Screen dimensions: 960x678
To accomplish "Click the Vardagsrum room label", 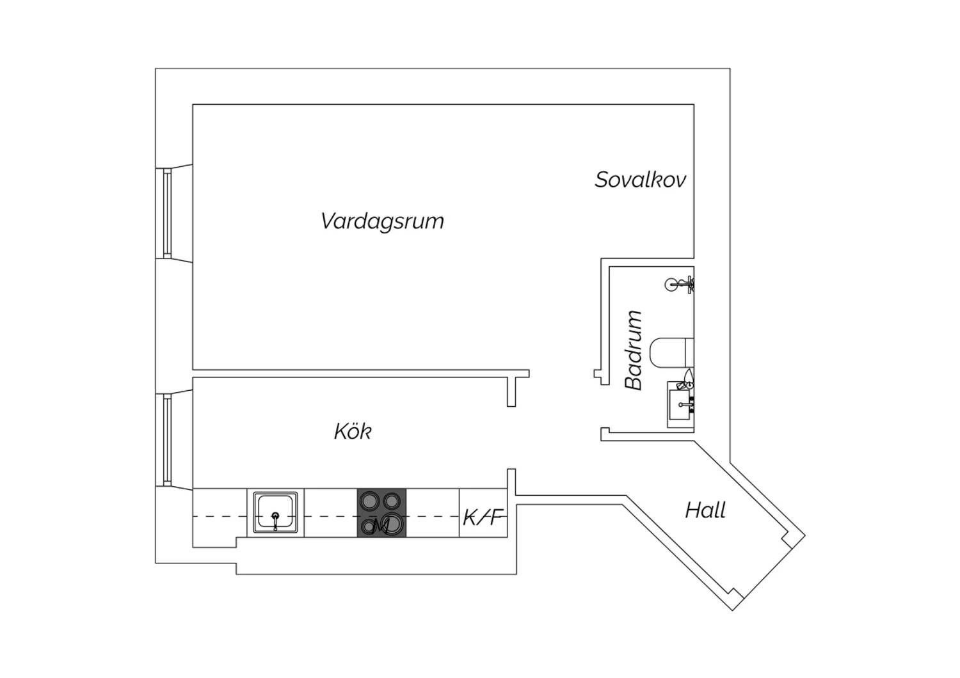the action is [382, 221].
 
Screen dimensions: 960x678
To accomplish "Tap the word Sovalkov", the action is [640, 180].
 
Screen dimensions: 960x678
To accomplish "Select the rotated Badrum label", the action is [634, 350].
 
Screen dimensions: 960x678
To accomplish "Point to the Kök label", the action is [353, 431].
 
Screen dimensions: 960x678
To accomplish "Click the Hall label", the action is [705, 510].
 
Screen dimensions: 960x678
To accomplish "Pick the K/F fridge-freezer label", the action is [483, 517].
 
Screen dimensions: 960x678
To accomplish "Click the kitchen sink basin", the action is [275, 513].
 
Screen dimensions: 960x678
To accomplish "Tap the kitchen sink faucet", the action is [275, 521].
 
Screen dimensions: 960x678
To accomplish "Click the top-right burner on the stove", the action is [391, 500].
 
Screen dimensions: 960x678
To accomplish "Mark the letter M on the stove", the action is [381, 526].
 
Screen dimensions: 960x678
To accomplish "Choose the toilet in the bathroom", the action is [671, 352].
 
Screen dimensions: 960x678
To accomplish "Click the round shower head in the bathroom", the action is [671, 285].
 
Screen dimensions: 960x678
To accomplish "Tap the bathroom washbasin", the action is [680, 405].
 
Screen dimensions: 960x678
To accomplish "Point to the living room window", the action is [167, 213].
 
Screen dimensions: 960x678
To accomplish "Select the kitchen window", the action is [167, 440].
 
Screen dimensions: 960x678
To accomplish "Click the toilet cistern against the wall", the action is [689, 352].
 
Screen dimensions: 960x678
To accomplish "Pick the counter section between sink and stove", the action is [331, 513].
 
